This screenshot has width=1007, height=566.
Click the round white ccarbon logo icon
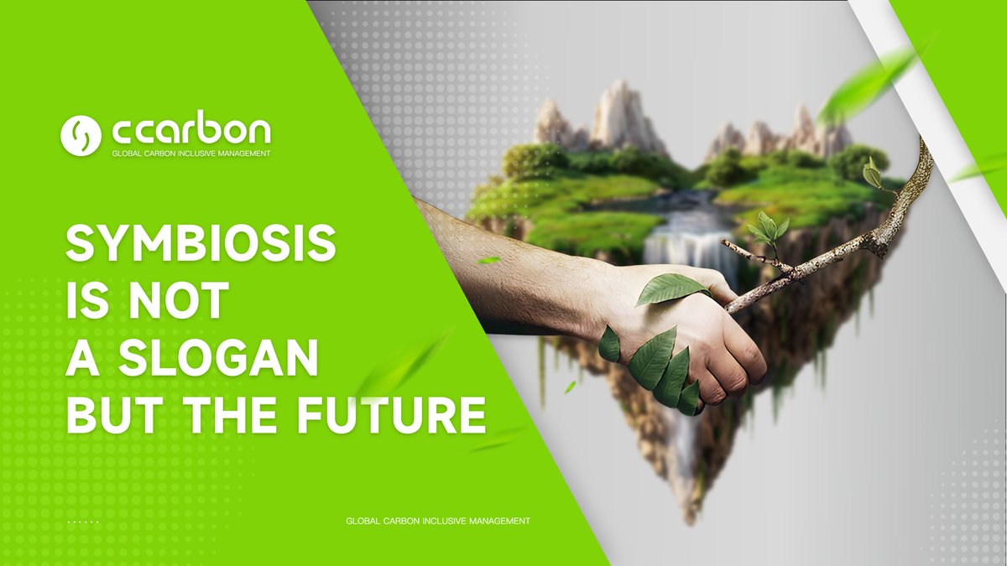81,135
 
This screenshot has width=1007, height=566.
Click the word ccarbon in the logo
191,132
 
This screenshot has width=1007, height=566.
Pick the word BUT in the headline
108,415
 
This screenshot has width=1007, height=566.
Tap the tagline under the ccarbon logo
191,154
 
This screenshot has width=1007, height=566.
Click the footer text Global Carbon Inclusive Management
437,522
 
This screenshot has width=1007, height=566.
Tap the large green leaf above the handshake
671,288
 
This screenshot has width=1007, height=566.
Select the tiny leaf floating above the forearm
488,261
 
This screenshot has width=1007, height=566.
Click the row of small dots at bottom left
83,522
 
